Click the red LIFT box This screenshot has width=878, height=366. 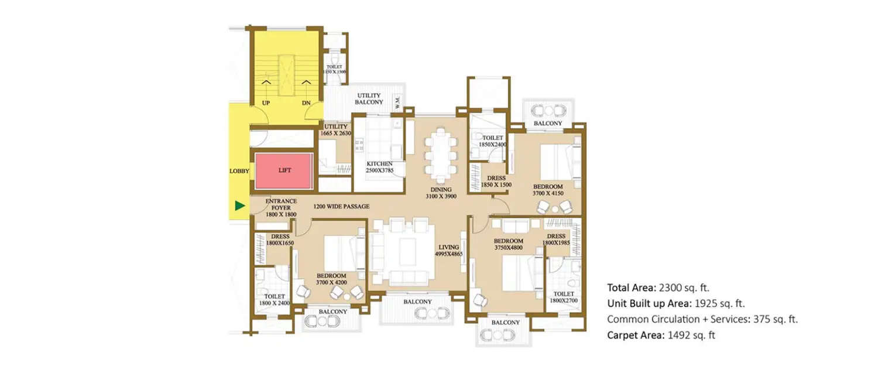tap(284, 170)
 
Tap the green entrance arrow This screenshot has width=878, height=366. tap(239, 206)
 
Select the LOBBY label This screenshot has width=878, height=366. tap(239, 171)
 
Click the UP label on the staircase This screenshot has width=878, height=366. tap(266, 102)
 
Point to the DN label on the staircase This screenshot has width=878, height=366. tap(306, 102)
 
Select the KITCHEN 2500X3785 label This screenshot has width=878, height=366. tap(379, 167)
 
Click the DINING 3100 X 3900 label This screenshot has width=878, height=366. tap(441, 193)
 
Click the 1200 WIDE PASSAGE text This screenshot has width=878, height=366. tap(341, 207)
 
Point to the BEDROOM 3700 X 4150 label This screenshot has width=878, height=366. tap(547, 189)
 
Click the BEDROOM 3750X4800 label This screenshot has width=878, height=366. tap(508, 244)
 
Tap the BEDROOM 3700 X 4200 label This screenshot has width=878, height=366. tap(331, 279)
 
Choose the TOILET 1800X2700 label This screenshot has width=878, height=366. tap(563, 297)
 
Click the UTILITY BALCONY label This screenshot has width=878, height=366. tap(369, 98)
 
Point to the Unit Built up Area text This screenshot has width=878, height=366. tap(650, 303)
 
